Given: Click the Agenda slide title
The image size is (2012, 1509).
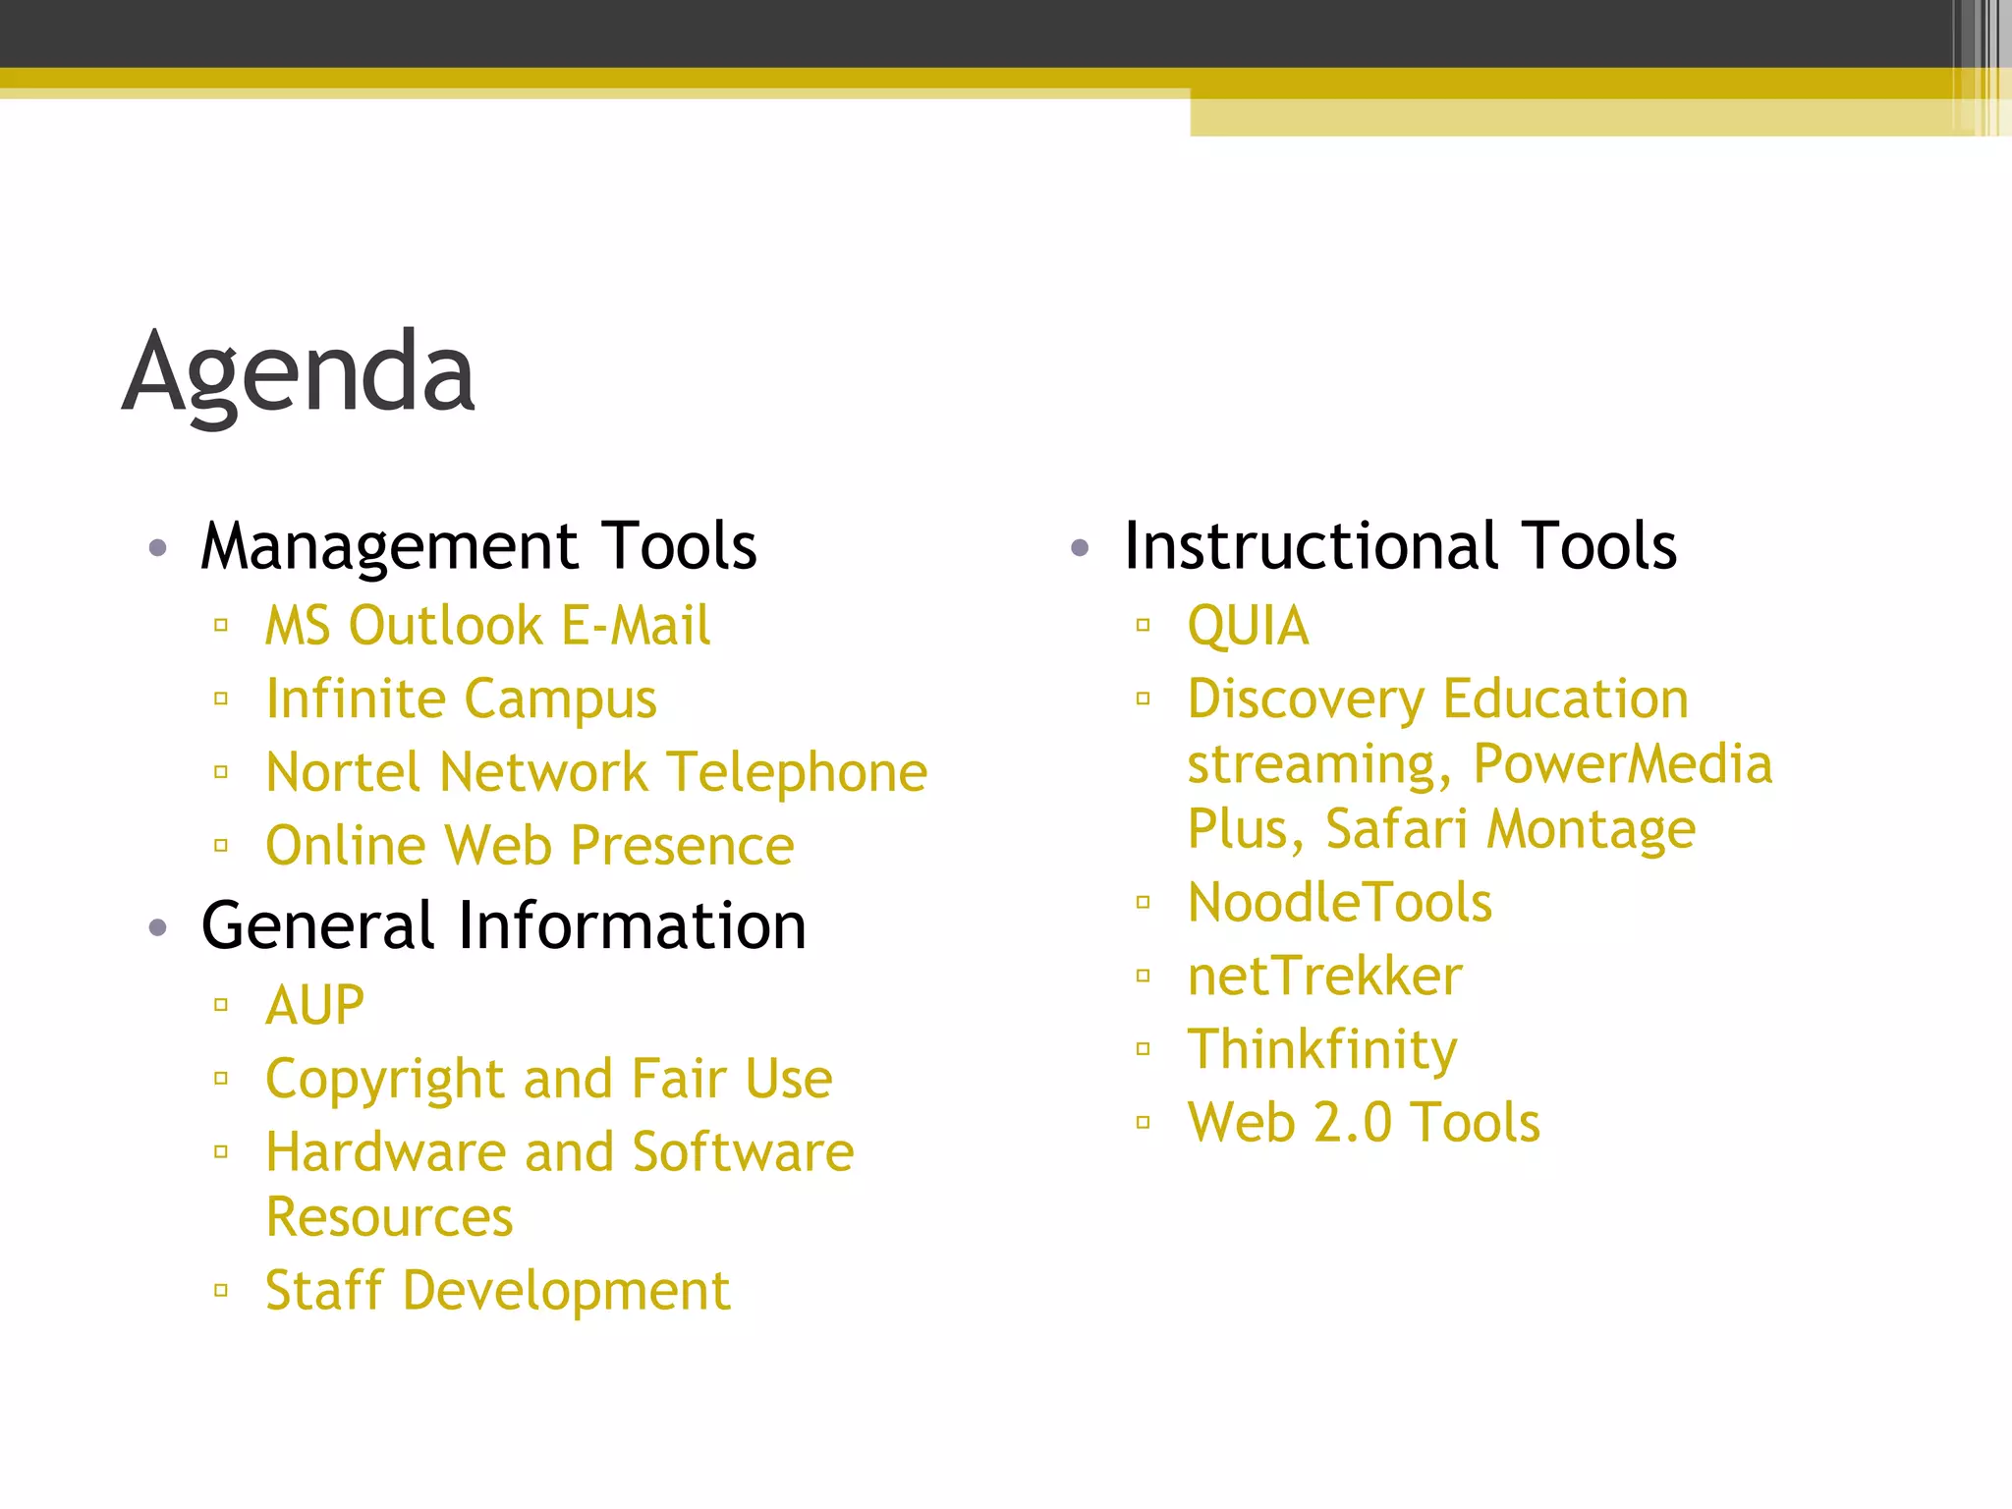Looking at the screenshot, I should point(300,374).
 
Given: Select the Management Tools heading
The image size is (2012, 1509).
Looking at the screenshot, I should point(478,546).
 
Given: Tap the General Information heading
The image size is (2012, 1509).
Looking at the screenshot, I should point(503,926).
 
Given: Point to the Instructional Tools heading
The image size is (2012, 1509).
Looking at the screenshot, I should point(1400,546).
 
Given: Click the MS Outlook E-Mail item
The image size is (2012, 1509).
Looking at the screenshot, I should point(487,627).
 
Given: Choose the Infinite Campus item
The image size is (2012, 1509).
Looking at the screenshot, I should point(461,699).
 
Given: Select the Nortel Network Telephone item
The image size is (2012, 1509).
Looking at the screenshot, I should point(596,772).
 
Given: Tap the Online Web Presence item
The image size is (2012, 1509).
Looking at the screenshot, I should point(530,846).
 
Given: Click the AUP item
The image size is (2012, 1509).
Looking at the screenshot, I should point(314,1006).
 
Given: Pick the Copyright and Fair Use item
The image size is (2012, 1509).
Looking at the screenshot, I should point(549,1079).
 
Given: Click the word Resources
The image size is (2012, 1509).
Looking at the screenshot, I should point(389,1218).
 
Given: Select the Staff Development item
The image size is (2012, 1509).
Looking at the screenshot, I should point(498,1291).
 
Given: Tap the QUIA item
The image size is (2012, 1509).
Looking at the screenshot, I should point(1248,627).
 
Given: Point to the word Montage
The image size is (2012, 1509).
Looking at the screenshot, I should point(1591,829).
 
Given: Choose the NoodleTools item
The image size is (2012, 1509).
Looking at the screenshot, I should point(1340,903).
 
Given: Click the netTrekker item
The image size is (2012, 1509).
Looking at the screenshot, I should point(1324,977).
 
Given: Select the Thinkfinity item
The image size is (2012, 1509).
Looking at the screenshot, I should point(1322,1049).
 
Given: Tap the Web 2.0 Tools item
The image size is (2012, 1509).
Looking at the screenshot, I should point(1364,1123).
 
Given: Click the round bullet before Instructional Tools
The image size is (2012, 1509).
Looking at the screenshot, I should point(1080,548).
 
